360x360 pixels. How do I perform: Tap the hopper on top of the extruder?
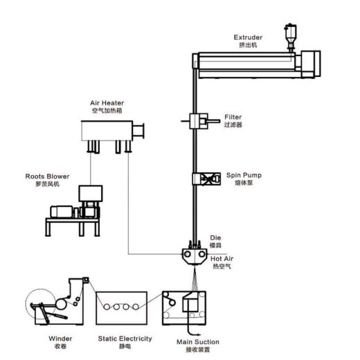point(290,37)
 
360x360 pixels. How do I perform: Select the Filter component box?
point(199,121)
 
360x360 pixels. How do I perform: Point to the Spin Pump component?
point(206,179)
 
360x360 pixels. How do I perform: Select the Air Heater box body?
point(107,131)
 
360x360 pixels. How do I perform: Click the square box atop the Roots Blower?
point(91,193)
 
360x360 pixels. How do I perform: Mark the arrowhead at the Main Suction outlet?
point(198,334)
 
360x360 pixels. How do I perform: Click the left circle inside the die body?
point(188,254)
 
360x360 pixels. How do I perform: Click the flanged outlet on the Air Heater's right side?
point(138,131)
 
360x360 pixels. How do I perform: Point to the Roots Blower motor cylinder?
point(62,212)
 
